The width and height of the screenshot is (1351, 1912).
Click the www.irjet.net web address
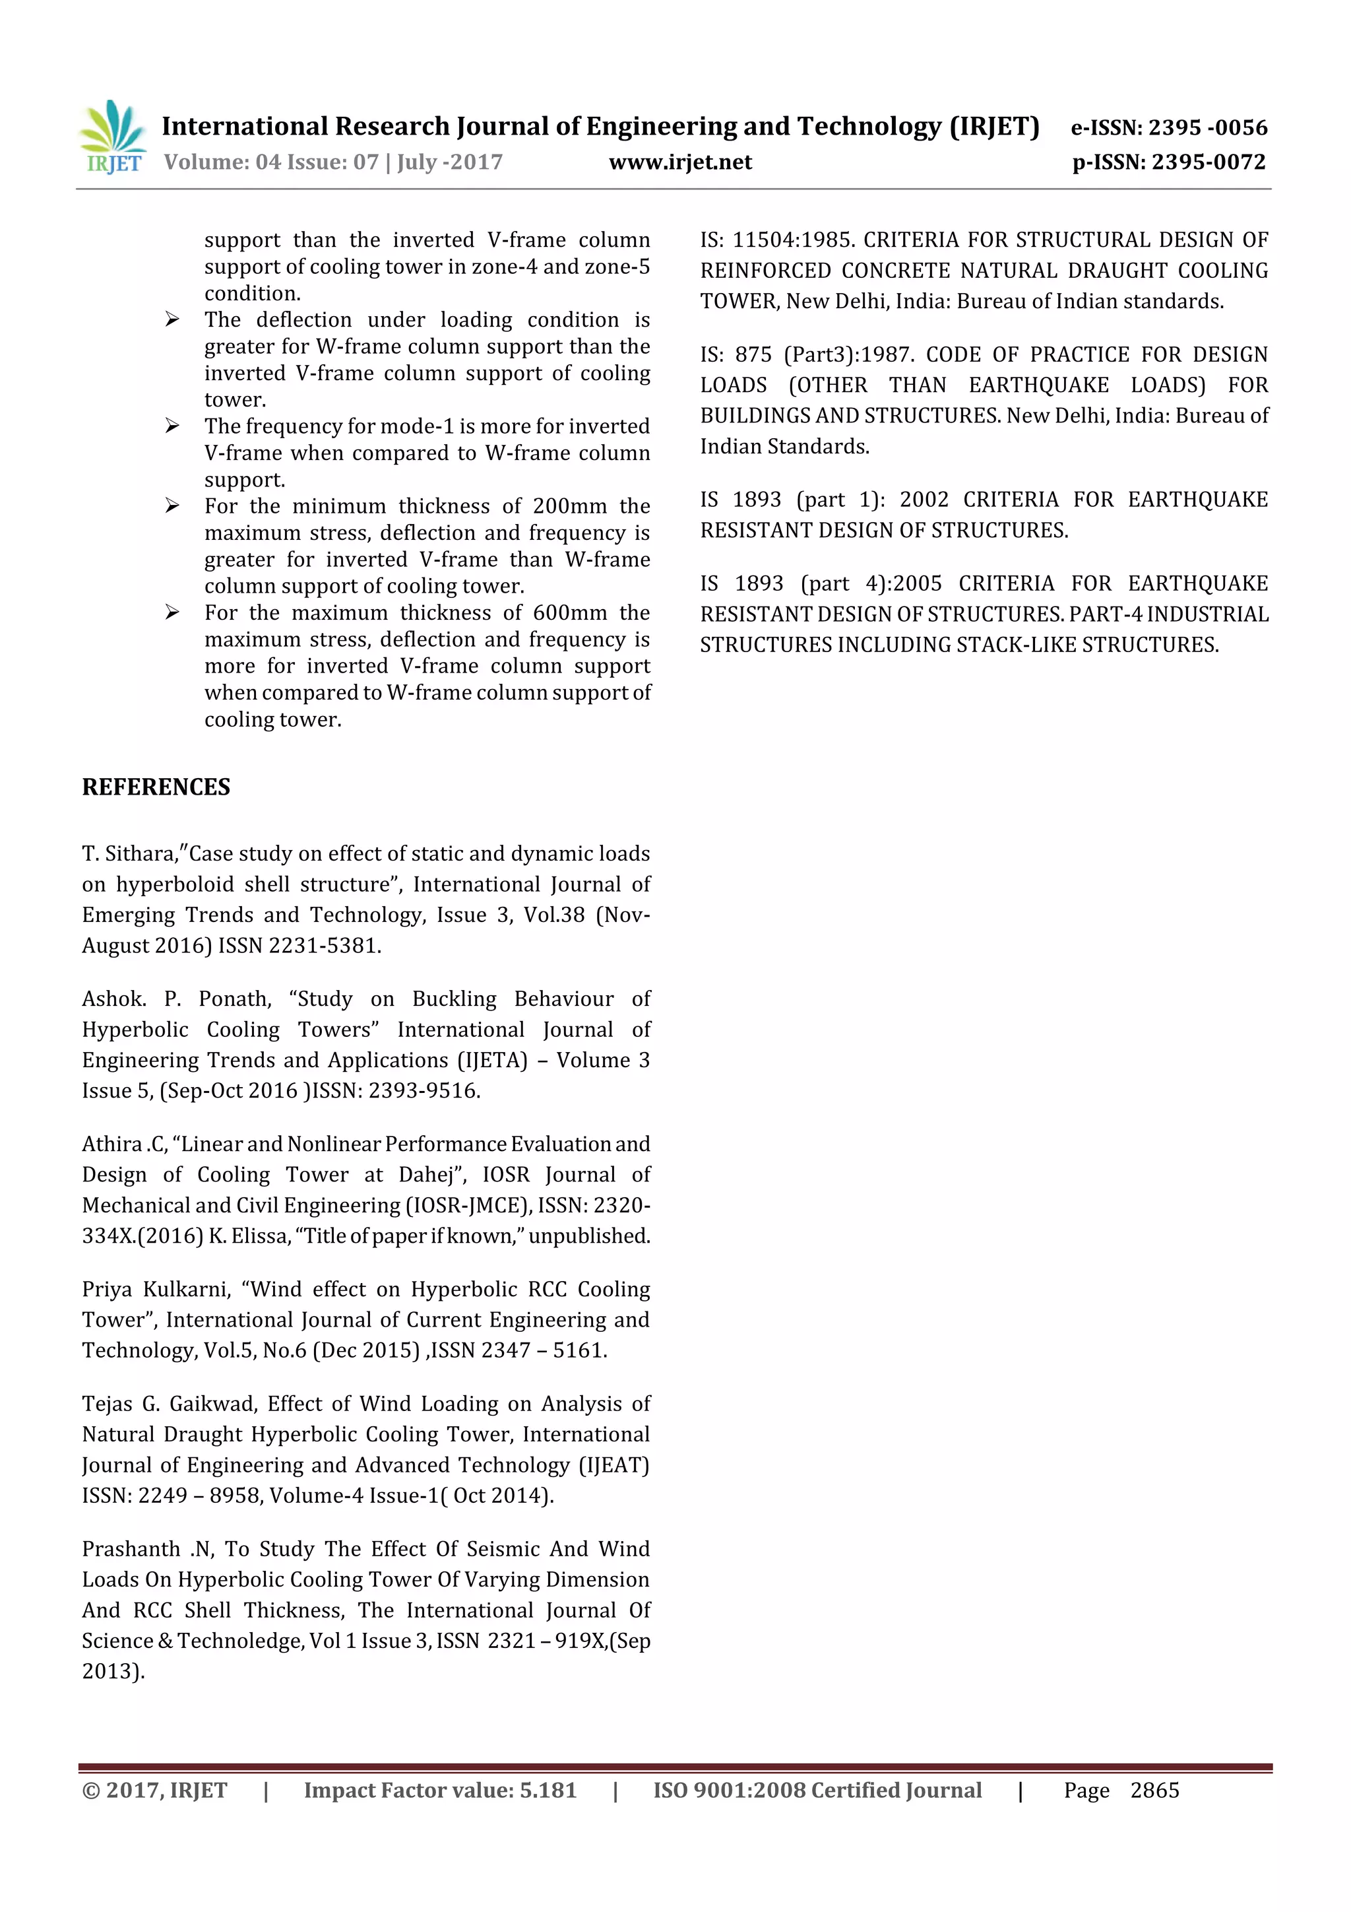(x=680, y=162)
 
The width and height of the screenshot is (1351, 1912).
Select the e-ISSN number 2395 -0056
(x=1208, y=127)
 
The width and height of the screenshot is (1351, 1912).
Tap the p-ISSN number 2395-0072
(x=1209, y=162)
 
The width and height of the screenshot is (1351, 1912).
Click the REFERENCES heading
(x=156, y=787)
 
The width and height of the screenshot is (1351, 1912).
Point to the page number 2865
(x=1154, y=1790)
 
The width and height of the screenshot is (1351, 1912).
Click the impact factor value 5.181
(x=548, y=1790)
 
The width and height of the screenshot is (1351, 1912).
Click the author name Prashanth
(x=131, y=1549)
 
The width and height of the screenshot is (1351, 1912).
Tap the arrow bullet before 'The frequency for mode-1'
(x=172, y=426)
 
